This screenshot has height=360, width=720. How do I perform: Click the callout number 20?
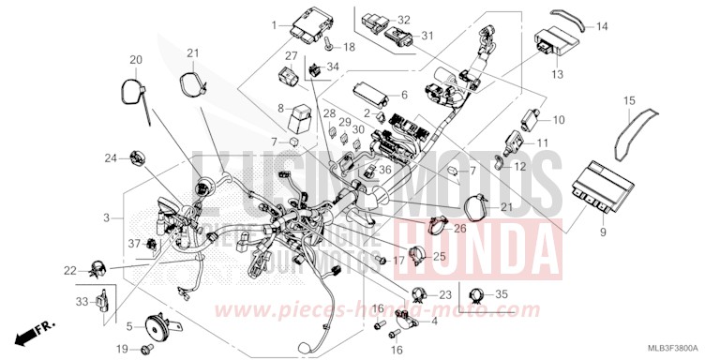[135, 60]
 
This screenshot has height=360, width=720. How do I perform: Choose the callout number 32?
[404, 20]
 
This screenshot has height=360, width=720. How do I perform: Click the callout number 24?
[110, 157]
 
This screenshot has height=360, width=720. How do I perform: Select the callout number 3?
[109, 217]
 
